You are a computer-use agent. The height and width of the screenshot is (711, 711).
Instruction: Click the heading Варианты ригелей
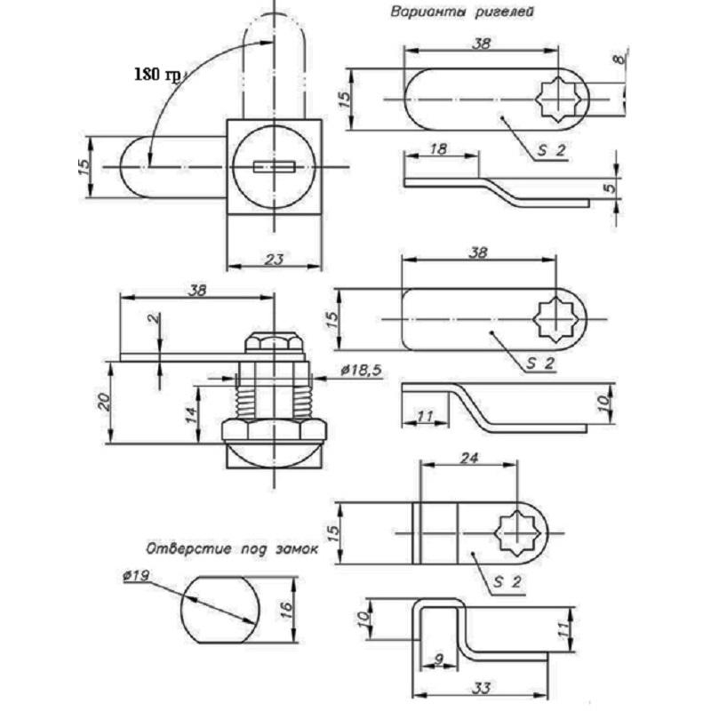pos(462,13)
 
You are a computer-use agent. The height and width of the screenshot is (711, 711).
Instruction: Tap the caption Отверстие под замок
pos(231,548)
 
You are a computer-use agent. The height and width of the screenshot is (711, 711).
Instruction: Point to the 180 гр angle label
pos(156,74)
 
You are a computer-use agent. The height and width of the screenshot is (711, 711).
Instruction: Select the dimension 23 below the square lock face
pos(275,259)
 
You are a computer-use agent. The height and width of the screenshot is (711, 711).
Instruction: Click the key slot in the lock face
pos(274,166)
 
